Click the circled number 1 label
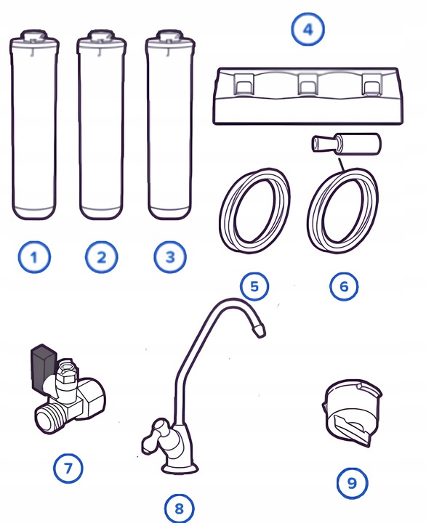coord(34,257)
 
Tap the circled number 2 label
coord(102,257)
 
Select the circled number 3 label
coord(170,257)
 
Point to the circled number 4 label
coord(308,29)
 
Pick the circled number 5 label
coord(254,286)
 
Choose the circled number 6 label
coord(344,286)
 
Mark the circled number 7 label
coord(68,468)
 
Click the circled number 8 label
coord(179,508)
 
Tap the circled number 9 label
coord(353,482)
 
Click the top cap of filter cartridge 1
coord(34,37)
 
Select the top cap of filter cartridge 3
coord(170,37)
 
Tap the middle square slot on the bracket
coord(307,84)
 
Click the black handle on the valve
coord(43,367)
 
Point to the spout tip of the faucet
coord(259,331)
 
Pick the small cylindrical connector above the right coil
coord(346,143)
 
